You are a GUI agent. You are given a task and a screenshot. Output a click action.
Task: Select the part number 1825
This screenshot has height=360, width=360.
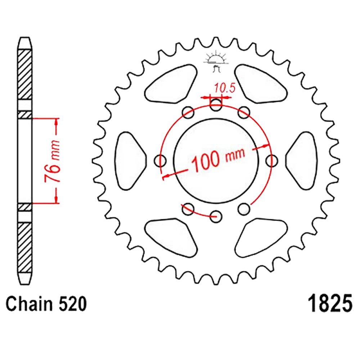[x=328, y=305]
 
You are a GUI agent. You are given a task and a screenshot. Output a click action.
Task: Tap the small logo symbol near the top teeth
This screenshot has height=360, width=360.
[x=216, y=62]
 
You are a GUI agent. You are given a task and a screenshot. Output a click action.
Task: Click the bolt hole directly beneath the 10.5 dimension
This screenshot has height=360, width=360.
[x=216, y=105]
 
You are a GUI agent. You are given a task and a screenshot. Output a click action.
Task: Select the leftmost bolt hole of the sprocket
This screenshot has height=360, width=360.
[x=160, y=160]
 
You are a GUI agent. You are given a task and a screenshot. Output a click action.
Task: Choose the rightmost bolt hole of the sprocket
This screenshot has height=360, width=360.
[x=272, y=159]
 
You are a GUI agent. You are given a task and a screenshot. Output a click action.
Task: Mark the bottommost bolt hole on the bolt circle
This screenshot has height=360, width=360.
[x=216, y=215]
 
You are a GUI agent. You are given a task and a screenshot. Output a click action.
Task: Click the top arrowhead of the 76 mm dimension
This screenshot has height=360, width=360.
[x=56, y=122]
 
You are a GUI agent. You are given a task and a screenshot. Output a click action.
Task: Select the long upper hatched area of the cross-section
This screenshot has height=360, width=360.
[x=25, y=74]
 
